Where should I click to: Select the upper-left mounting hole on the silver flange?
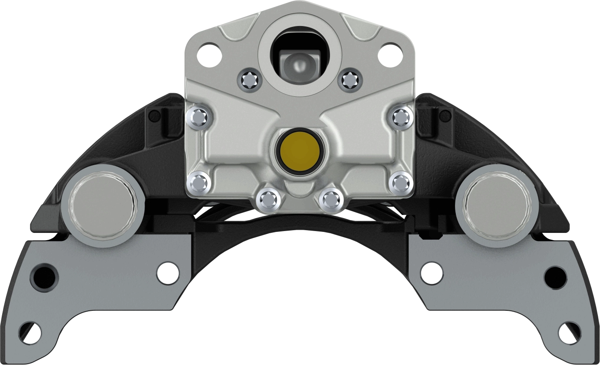coord(209,54)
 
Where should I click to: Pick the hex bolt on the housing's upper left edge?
coord(199,117)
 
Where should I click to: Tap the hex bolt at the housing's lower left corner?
coord(199,182)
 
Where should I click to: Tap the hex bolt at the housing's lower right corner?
coord(400,182)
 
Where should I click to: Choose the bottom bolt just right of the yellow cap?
coord(332,199)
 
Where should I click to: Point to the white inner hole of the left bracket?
coord(168,273)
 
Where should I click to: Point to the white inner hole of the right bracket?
coord(432,273)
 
